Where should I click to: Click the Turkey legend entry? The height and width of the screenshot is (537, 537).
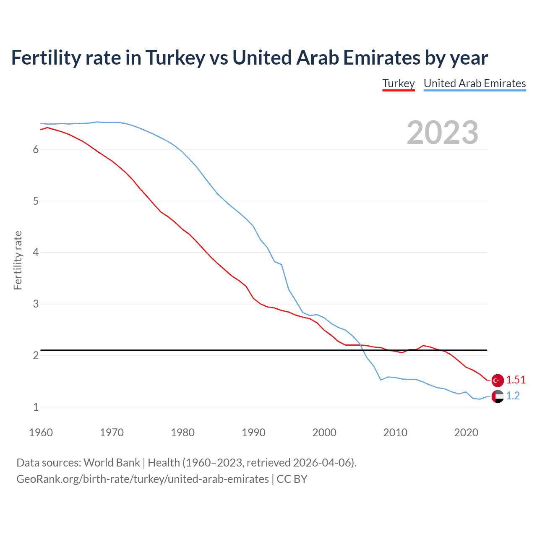click(398, 83)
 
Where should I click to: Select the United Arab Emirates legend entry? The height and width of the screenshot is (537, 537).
click(474, 83)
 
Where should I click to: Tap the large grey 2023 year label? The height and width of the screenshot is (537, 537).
click(442, 133)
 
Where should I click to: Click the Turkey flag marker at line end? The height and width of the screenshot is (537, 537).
click(498, 380)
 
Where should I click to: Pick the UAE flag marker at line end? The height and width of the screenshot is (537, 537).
click(498, 396)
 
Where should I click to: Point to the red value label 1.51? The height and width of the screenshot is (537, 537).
click(516, 380)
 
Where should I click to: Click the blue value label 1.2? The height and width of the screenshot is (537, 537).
click(513, 396)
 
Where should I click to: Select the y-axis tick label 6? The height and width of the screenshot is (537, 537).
click(36, 150)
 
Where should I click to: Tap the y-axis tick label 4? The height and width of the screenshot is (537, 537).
click(36, 253)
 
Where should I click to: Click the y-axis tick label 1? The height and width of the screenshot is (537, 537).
click(36, 407)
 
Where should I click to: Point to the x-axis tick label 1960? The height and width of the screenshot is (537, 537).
click(41, 433)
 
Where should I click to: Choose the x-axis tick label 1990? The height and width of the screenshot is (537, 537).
click(253, 433)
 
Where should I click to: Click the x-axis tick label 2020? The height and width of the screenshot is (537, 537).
click(466, 433)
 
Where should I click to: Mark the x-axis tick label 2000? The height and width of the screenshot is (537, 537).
click(324, 433)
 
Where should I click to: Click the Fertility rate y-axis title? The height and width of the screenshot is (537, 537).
click(18, 260)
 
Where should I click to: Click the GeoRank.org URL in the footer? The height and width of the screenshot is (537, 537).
click(143, 479)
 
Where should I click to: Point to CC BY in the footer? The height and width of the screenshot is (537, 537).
click(292, 479)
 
